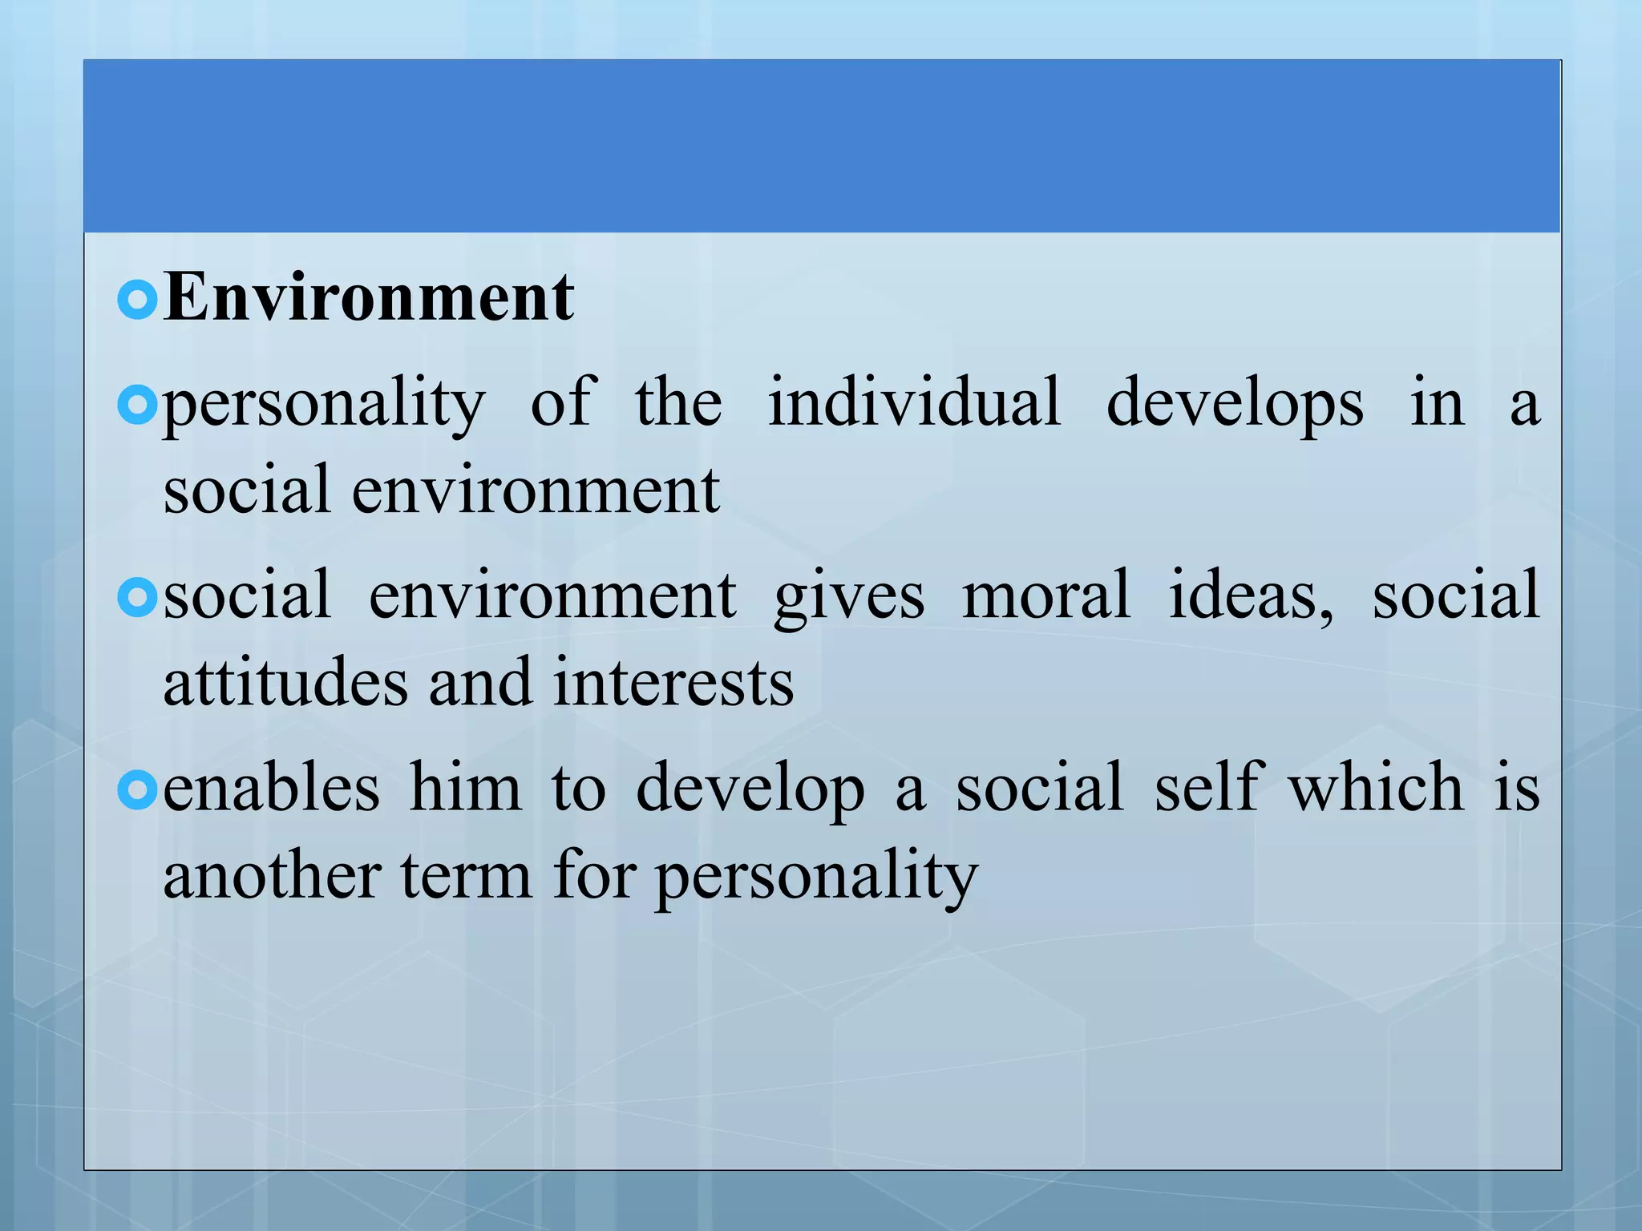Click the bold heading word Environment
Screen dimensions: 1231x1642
click(369, 297)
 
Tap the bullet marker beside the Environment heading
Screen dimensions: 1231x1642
click(137, 301)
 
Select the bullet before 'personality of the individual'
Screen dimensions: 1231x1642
click(137, 406)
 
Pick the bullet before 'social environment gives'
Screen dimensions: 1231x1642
click(137, 598)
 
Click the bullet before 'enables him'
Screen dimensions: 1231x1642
click(137, 790)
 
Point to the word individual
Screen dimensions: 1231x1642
click(914, 402)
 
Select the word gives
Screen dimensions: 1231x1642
click(849, 598)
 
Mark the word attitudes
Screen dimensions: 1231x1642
click(285, 682)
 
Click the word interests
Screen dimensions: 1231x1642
click(673, 684)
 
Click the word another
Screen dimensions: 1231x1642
click(272, 875)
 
